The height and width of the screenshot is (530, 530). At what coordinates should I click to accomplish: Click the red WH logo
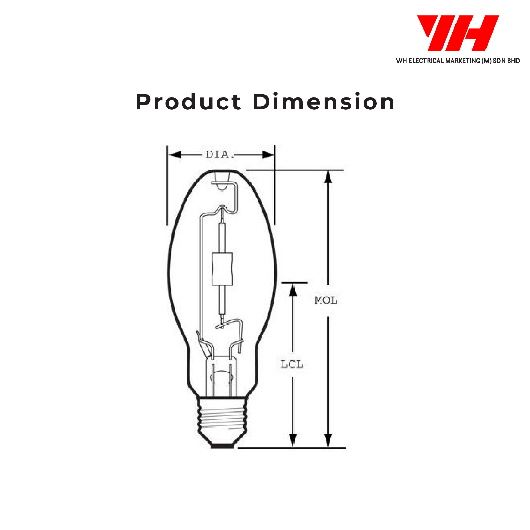(458, 33)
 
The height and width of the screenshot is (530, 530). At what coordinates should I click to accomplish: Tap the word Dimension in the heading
(323, 101)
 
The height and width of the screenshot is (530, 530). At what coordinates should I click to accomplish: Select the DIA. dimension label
(220, 155)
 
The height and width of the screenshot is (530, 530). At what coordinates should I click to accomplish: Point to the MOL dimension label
(326, 300)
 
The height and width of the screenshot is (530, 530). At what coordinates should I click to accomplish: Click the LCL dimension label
(292, 364)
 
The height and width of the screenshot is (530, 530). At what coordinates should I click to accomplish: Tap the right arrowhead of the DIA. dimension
(269, 155)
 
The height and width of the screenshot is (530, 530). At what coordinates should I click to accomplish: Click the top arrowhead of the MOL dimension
(328, 177)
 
